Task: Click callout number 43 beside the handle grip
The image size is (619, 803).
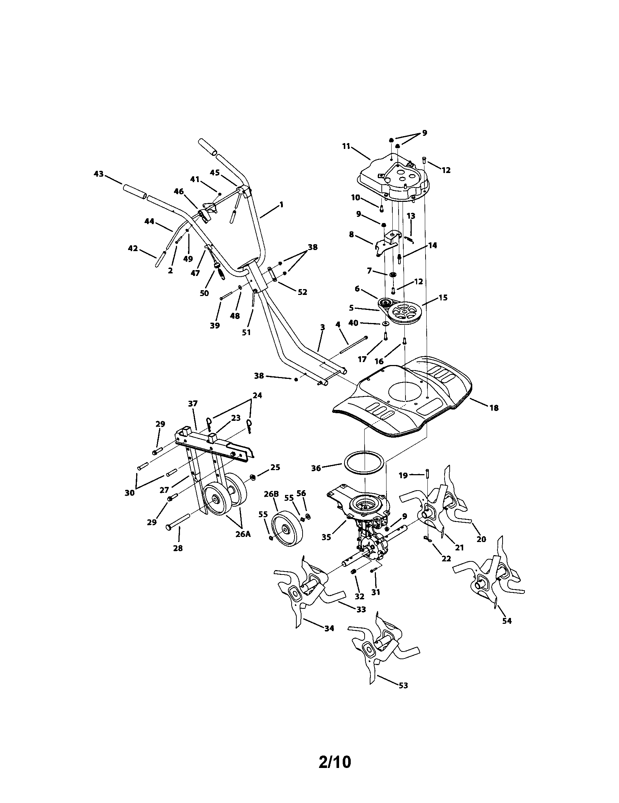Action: [x=99, y=173]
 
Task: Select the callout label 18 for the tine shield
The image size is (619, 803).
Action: [x=494, y=408]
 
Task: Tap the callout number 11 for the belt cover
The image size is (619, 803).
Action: [x=346, y=146]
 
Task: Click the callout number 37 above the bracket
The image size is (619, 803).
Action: [x=193, y=404]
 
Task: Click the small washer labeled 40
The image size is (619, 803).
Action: [x=385, y=323]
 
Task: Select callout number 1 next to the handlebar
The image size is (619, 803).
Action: [x=281, y=204]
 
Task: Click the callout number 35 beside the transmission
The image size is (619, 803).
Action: [x=326, y=537]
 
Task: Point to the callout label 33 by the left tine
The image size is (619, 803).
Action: [x=361, y=609]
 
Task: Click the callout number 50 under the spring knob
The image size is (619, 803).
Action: [x=204, y=293]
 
